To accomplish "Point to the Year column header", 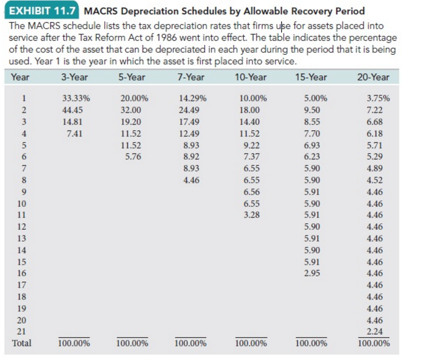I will pos(21,77).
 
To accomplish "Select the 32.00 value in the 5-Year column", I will pos(134,110).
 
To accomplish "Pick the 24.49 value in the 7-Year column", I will pos(191,110).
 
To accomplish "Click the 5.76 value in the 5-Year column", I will pos(134,156).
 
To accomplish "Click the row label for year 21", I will pos(23,332).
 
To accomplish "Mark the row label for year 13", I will pos(23,238).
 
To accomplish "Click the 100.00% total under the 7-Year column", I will pos(190,343).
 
